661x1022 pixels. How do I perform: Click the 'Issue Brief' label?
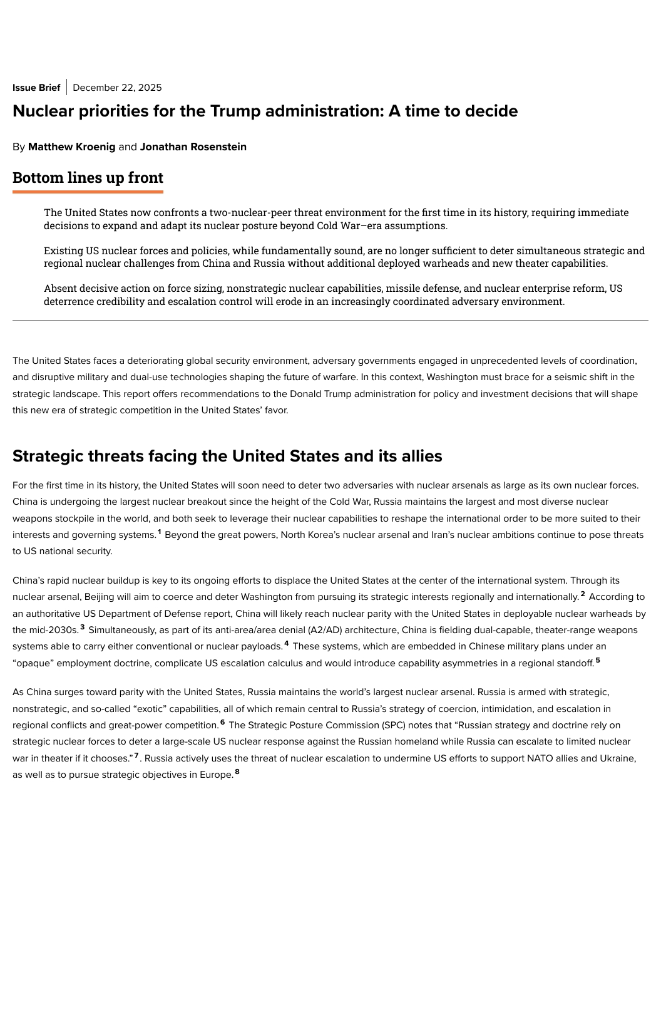coord(36,88)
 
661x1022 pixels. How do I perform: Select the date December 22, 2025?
coord(117,88)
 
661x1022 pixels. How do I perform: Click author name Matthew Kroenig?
coord(72,147)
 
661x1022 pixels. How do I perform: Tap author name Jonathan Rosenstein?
coord(193,147)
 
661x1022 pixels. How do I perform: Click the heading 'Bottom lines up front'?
coord(88,178)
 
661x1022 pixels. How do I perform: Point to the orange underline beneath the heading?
coord(88,192)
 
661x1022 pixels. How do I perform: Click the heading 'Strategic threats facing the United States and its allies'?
coord(227,456)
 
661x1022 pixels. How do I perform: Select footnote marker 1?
coord(160,532)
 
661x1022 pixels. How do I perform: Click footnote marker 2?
coord(583,594)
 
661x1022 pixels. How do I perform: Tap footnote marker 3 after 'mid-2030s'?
coord(82,627)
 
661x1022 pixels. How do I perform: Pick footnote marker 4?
coord(287,644)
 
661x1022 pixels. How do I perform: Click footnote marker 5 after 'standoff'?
coord(598,660)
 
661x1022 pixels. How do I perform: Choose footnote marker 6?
coord(222,723)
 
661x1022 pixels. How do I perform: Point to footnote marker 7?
coord(136,756)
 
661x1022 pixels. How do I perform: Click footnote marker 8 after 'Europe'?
coord(237,772)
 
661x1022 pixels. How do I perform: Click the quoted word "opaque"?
coord(33,663)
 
